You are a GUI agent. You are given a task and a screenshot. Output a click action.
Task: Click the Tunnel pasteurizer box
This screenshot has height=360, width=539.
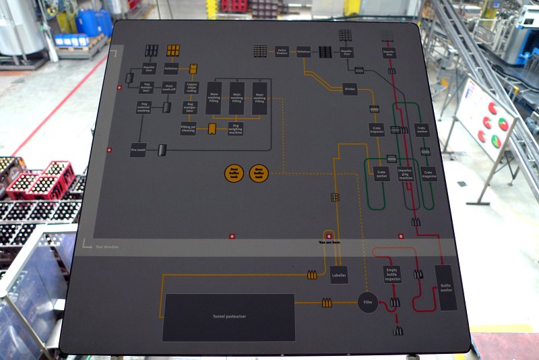(x=228, y=317)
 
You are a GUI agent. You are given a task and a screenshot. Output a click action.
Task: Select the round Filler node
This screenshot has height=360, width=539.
(x=367, y=303)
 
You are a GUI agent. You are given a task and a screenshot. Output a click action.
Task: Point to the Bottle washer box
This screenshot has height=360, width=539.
(x=445, y=287)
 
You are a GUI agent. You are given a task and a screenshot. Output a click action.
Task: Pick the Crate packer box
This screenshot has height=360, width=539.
(x=382, y=174)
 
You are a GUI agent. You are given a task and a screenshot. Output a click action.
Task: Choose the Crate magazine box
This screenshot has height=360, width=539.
(x=429, y=174)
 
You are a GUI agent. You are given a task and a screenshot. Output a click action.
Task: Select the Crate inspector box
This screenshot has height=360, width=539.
(x=377, y=129)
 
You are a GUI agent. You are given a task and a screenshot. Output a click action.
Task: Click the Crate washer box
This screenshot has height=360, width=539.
(x=422, y=129)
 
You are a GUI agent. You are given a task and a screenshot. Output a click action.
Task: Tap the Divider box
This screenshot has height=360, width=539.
(x=350, y=89)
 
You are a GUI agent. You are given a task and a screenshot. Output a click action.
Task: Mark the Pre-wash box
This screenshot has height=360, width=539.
(x=138, y=151)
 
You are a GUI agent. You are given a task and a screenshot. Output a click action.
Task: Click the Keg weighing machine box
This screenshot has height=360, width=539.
(x=235, y=128)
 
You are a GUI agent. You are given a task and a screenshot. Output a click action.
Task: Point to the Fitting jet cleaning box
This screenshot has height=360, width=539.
(x=188, y=128)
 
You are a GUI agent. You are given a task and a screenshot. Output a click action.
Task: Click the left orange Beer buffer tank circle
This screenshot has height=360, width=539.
(x=234, y=173)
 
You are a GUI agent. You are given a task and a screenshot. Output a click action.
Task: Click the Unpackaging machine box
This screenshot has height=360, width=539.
(x=405, y=173)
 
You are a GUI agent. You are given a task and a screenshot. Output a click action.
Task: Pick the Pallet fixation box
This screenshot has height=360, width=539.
(x=282, y=51)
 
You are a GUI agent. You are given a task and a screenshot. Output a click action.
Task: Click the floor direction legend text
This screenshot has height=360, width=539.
(x=106, y=247)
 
